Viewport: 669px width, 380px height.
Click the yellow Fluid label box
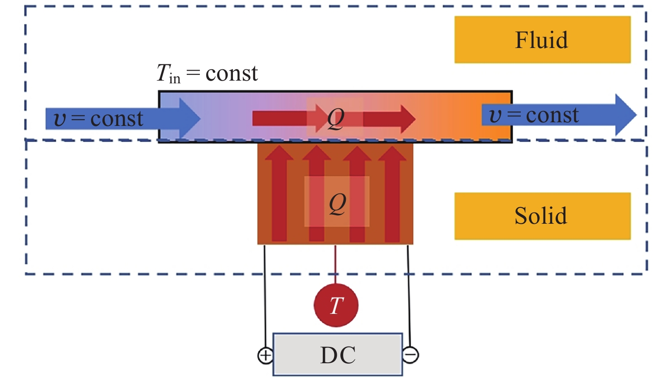pyautogui.click(x=542, y=39)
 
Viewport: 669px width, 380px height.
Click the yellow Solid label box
pyautogui.click(x=542, y=216)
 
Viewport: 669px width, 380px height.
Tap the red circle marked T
pyautogui.click(x=336, y=305)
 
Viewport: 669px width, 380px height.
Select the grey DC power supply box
pyautogui.click(x=337, y=355)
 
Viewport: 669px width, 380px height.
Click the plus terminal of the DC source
pyautogui.click(x=265, y=356)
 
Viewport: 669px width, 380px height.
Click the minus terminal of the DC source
pyautogui.click(x=411, y=355)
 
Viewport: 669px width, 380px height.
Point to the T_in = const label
pyautogui.click(x=207, y=73)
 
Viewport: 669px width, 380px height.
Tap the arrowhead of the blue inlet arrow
pyautogui.click(x=190, y=118)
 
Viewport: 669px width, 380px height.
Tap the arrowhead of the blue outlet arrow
pyautogui.click(x=625, y=115)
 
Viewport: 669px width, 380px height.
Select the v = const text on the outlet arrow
pyautogui.click(x=534, y=115)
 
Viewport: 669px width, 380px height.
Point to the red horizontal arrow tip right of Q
pyautogui.click(x=408, y=119)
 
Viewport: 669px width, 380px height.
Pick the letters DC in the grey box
pyautogui.click(x=338, y=356)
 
